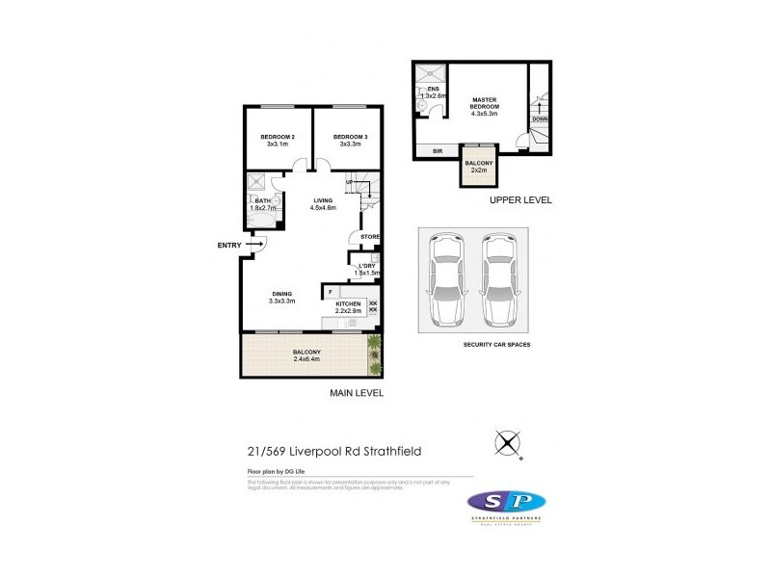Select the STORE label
pos(370,236)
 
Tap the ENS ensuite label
pos(420,89)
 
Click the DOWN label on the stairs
pos(540,118)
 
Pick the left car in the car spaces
pos(446,280)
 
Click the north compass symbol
pos(508,443)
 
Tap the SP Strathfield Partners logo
pos(505,504)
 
